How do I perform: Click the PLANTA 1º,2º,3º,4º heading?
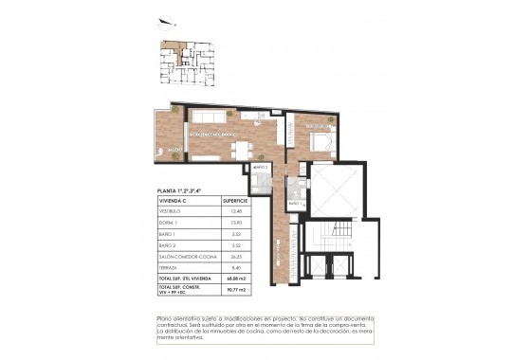click(x=180, y=190)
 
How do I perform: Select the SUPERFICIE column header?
click(x=235, y=201)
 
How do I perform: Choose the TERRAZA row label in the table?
click(x=171, y=266)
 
